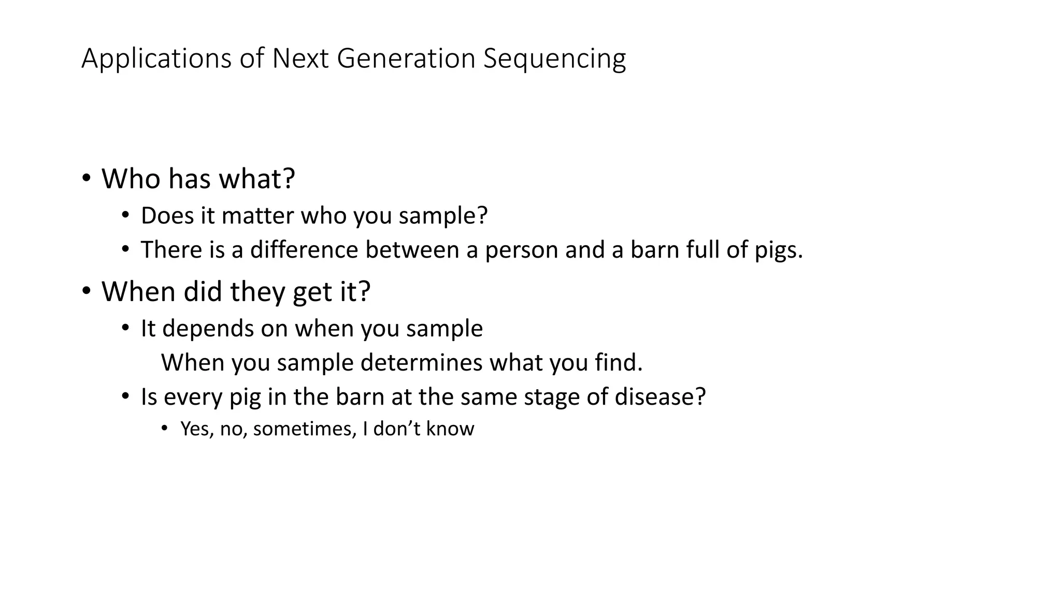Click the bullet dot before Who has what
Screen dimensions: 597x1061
click(x=86, y=178)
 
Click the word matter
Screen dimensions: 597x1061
click(x=257, y=216)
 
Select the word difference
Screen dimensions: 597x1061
click(x=304, y=249)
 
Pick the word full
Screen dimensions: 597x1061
click(x=702, y=249)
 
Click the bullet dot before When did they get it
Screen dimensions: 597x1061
click(x=86, y=291)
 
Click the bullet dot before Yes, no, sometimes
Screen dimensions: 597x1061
click(x=164, y=428)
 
